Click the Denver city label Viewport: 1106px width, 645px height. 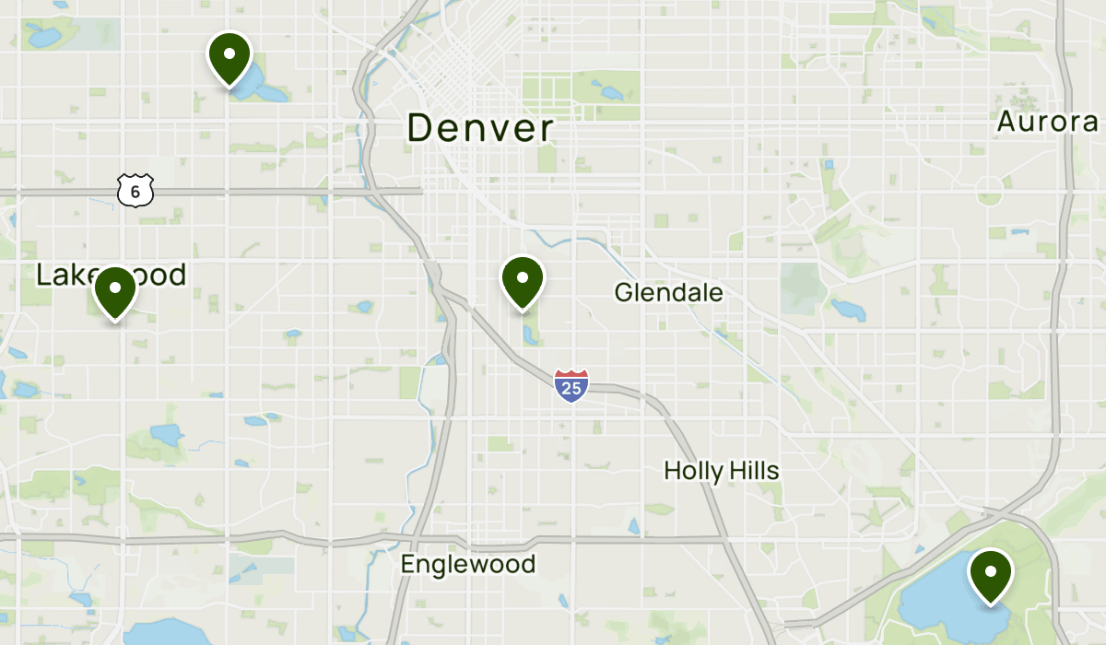pyautogui.click(x=480, y=128)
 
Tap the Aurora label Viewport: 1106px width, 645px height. pyautogui.click(x=1047, y=122)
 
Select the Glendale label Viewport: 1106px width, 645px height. pyautogui.click(x=668, y=293)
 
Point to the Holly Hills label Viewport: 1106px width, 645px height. pyautogui.click(x=721, y=471)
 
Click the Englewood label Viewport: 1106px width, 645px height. pyautogui.click(x=467, y=564)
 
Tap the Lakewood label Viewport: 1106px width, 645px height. pyautogui.click(x=111, y=275)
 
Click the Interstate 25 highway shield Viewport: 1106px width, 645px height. pyautogui.click(x=571, y=385)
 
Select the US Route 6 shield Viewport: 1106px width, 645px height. pyautogui.click(x=135, y=191)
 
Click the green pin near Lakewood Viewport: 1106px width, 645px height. pyautogui.click(x=115, y=290)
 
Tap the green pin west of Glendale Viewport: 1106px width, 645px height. pyautogui.click(x=523, y=280)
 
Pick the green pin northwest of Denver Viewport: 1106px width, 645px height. pyautogui.click(x=229, y=56)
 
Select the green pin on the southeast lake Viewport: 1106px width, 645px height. pyautogui.click(x=990, y=574)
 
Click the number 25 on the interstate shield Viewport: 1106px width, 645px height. pyautogui.click(x=571, y=389)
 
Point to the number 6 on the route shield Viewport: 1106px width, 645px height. pyautogui.click(x=135, y=192)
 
